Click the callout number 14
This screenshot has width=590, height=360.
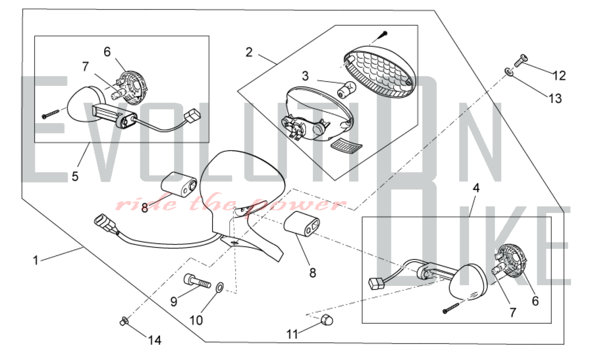[x=155, y=340]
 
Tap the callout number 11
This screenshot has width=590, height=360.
[x=292, y=334]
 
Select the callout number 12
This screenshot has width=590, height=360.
[x=559, y=76]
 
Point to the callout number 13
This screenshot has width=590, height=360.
[x=555, y=98]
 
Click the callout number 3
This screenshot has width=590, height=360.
[x=305, y=76]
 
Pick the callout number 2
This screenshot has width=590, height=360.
[x=249, y=52]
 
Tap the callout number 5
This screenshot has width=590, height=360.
[x=75, y=176]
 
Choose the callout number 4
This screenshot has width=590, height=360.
[x=476, y=188]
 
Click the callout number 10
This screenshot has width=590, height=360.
[x=196, y=320]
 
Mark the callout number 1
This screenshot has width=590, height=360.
[x=36, y=261]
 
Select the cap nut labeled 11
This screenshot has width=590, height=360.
[x=327, y=320]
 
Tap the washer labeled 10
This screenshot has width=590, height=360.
[x=220, y=287]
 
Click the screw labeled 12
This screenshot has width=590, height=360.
[x=521, y=60]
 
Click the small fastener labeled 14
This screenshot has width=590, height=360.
[x=124, y=321]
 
